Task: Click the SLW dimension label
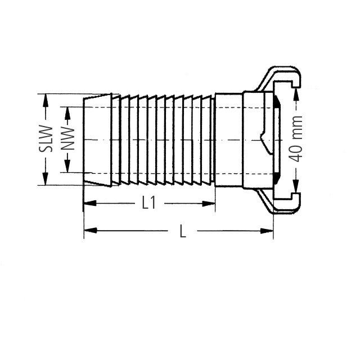click(x=49, y=139)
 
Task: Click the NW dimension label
click(x=67, y=139)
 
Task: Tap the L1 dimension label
click(x=148, y=203)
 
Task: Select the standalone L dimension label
click(x=182, y=231)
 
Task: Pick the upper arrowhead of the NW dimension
click(x=67, y=110)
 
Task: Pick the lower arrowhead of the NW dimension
click(x=67, y=168)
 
